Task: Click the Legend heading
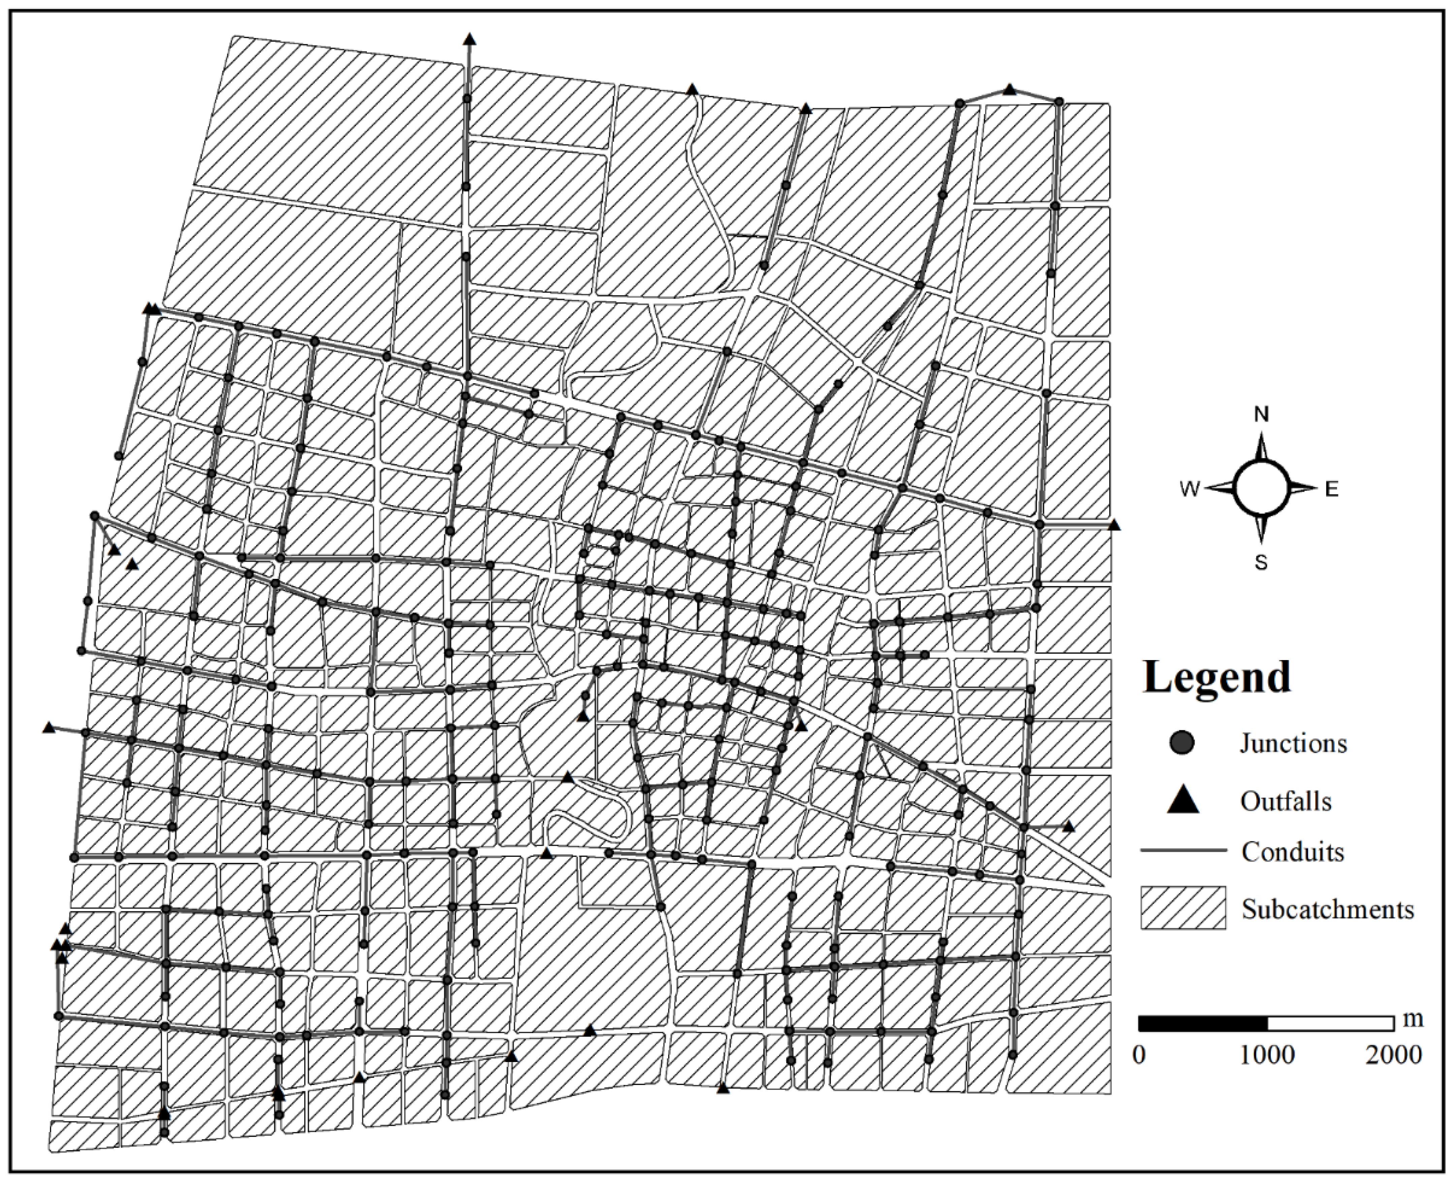(x=1217, y=678)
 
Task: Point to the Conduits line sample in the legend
(x=1183, y=851)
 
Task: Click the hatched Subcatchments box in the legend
(x=1183, y=908)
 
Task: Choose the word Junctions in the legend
(x=1293, y=743)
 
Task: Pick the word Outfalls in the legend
(x=1285, y=801)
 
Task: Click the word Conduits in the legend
(x=1292, y=852)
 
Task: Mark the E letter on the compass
(x=1331, y=489)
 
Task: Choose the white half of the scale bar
(x=1330, y=1023)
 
